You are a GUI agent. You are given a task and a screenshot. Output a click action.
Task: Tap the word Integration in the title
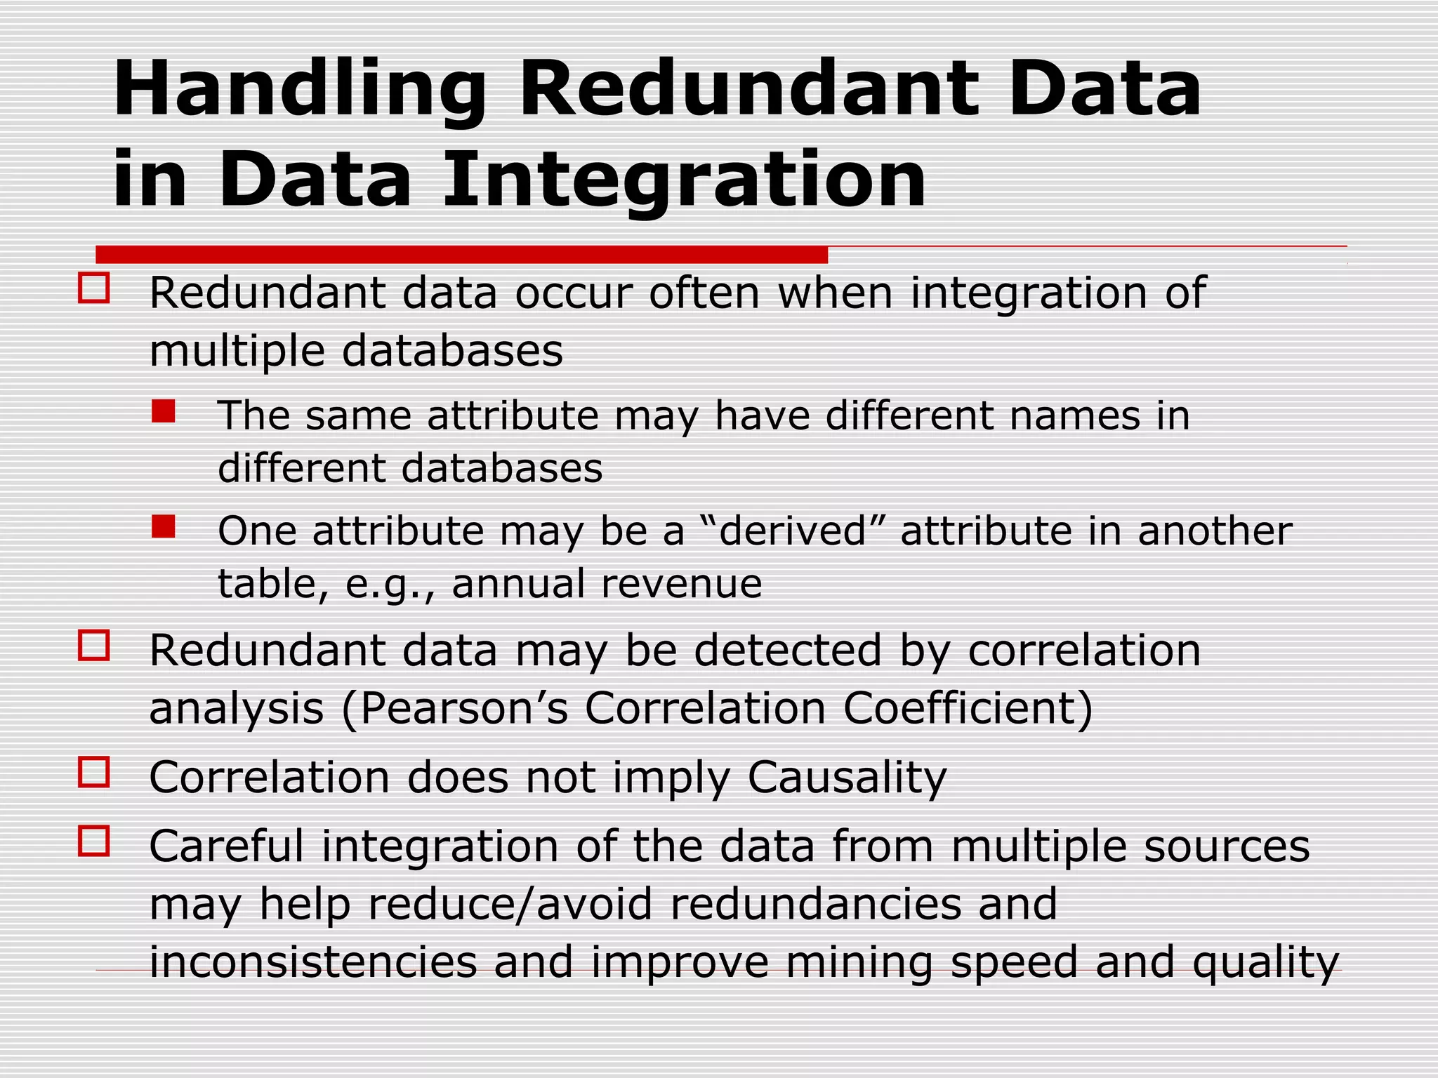pyautogui.click(x=685, y=180)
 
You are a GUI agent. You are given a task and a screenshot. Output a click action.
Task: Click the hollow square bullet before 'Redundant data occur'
pyautogui.click(x=94, y=288)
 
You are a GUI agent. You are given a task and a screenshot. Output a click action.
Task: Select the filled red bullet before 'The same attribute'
pyautogui.click(x=164, y=411)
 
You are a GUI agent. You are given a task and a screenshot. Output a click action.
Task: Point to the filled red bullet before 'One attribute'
pyautogui.click(x=164, y=526)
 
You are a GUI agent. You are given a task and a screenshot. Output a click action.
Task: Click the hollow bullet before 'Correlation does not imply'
pyautogui.click(x=94, y=772)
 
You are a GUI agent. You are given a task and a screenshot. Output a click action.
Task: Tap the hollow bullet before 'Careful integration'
pyautogui.click(x=94, y=841)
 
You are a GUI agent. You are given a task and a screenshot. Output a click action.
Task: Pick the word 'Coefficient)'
pyautogui.click(x=968, y=709)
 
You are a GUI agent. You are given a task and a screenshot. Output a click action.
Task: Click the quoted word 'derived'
pyautogui.click(x=793, y=531)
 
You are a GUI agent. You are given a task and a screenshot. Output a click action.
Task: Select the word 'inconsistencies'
pyautogui.click(x=313, y=962)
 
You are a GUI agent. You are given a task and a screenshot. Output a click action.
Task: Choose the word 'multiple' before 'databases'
pyautogui.click(x=237, y=351)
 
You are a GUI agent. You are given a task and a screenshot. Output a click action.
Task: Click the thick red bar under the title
pyautogui.click(x=461, y=254)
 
